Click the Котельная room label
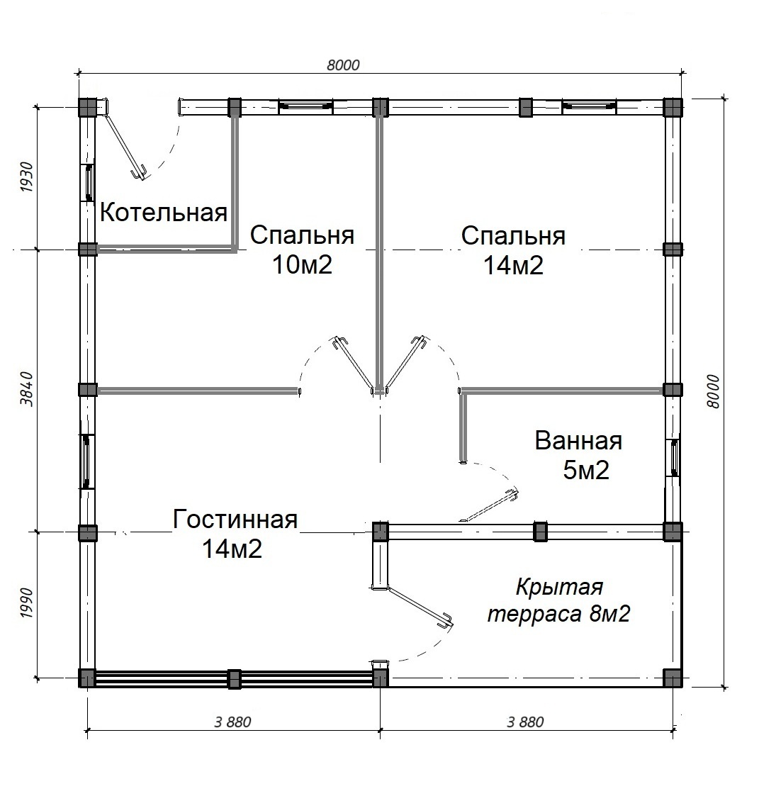[x=164, y=212]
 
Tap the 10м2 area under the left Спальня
[x=303, y=264]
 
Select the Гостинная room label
[x=235, y=520]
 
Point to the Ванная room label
[x=578, y=441]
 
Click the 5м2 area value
[x=586, y=471]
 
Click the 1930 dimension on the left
[x=27, y=177]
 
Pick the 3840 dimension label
[x=27, y=389]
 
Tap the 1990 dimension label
[x=27, y=604]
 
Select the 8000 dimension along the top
[x=343, y=65]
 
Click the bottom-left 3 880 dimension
[x=233, y=722]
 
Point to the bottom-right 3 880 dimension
[x=525, y=722]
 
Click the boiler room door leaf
[x=125, y=146]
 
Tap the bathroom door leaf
[x=489, y=505]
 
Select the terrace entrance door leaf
[x=420, y=607]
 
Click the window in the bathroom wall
[x=674, y=457]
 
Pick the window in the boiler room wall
[x=89, y=183]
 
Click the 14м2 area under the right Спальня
[x=513, y=265]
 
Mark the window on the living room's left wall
[x=87, y=461]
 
